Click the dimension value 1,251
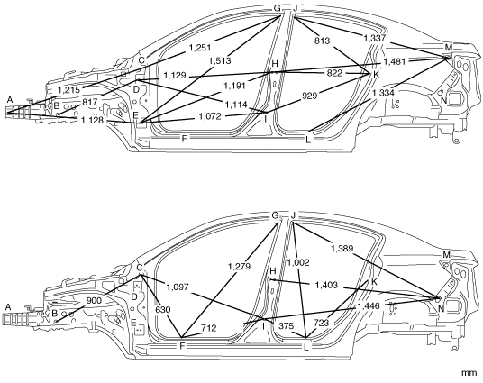tap(200, 48)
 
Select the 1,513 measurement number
tap(220, 60)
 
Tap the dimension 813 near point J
tap(323, 41)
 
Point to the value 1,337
tap(375, 38)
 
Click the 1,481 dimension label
tap(395, 61)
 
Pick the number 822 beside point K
tap(334, 73)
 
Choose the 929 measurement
tap(309, 96)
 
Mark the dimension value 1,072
tap(210, 116)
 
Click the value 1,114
tap(236, 105)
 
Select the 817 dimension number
tap(90, 102)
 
